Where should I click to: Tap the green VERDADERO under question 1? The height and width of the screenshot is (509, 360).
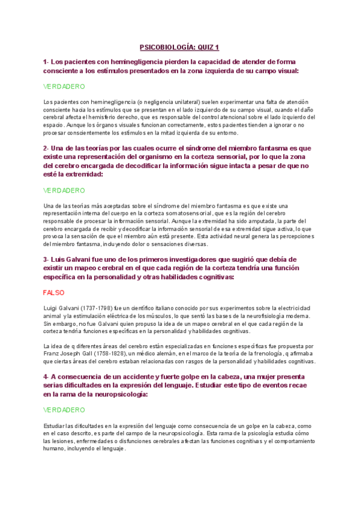click(64, 86)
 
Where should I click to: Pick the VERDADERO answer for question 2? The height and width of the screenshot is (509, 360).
click(64, 190)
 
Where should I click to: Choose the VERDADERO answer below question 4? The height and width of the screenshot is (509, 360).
click(64, 410)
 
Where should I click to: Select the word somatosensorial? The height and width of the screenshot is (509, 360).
click(179, 213)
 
